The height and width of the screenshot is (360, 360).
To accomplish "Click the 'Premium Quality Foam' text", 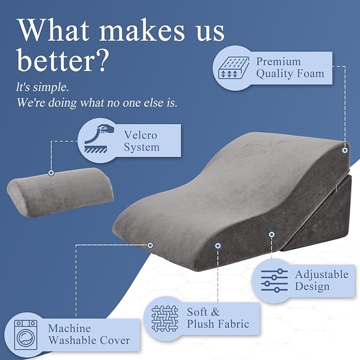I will tap(289, 68).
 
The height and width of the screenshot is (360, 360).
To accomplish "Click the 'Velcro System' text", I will tap(142, 141).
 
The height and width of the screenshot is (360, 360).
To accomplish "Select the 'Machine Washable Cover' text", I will tap(89, 334).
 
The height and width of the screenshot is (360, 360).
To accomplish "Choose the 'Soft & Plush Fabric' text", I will tap(217, 318).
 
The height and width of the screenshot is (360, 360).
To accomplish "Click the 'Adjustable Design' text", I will tap(321, 280).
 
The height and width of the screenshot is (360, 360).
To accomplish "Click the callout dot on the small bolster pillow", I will tap(51, 173).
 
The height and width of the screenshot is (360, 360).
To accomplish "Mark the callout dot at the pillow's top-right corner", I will tap(345, 151).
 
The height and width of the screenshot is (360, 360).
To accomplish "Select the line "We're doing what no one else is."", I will tap(96, 102).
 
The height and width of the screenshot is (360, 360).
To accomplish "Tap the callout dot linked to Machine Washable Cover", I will tap(151, 245).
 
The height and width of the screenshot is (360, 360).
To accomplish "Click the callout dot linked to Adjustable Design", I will tap(271, 234).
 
